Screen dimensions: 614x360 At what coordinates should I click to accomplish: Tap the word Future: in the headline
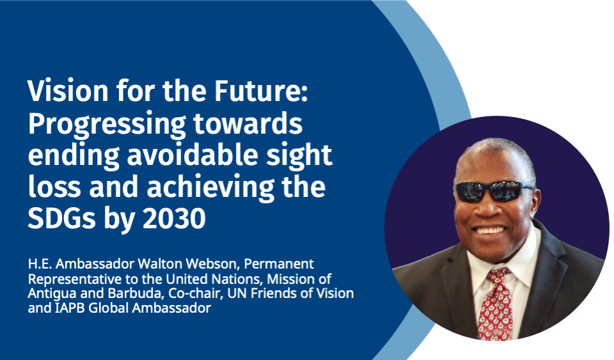261,91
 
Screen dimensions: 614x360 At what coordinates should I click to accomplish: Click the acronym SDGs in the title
61,218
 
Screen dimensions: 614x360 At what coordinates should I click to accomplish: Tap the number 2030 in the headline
174,218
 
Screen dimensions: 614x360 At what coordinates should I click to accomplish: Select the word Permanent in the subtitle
279,264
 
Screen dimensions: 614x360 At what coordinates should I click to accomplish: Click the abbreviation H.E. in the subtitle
40,264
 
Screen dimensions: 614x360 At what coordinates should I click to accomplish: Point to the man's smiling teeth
489,230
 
